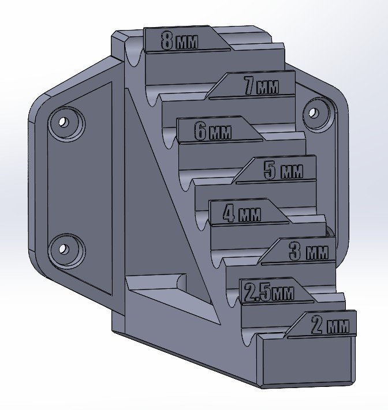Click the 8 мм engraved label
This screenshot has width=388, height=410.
click(x=180, y=40)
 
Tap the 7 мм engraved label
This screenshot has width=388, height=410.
click(x=262, y=85)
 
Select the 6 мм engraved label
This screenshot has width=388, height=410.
click(x=213, y=131)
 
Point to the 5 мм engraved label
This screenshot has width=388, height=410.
click(x=283, y=171)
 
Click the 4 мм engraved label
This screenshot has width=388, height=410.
click(x=242, y=213)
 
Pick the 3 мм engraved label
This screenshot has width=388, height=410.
click(x=309, y=251)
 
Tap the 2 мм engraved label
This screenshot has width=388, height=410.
click(x=330, y=325)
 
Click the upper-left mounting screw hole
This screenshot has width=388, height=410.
click(x=63, y=122)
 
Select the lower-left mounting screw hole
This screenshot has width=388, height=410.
click(x=63, y=249)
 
